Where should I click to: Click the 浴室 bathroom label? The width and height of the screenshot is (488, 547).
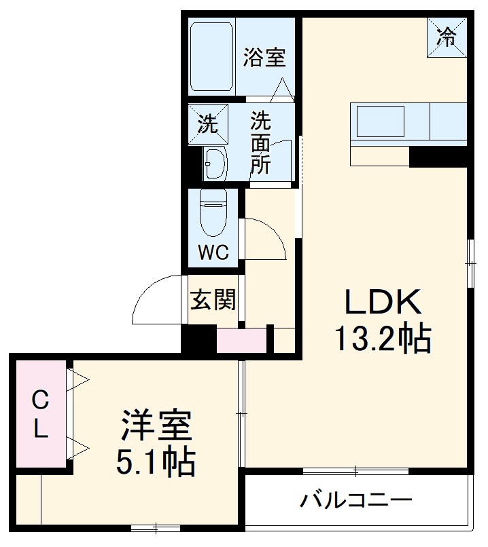(264, 58)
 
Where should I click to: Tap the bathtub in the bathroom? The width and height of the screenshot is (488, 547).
(211, 57)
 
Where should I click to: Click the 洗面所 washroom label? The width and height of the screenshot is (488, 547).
(261, 143)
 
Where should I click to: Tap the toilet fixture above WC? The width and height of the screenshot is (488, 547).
(213, 211)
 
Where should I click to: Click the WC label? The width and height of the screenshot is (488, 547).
(213, 252)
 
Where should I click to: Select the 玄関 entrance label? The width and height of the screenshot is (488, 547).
(213, 299)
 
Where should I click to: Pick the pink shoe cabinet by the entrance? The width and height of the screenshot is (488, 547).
(241, 340)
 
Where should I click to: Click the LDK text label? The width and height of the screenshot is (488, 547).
(384, 303)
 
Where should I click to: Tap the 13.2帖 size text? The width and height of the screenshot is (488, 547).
(382, 337)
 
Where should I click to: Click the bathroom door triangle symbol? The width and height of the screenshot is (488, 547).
(282, 89)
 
